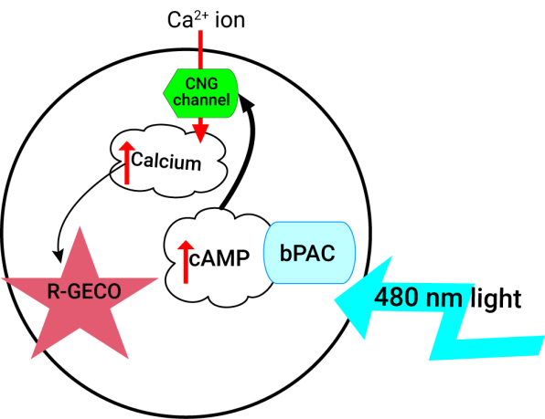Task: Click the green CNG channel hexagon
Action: (200, 93)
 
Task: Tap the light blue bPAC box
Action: (309, 253)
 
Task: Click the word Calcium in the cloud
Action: (166, 162)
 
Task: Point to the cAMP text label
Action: (219, 258)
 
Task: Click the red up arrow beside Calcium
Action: (127, 162)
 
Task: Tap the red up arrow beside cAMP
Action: (186, 261)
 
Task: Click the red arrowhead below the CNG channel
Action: (200, 133)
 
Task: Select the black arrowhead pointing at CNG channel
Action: (246, 102)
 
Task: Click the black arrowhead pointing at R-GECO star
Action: (59, 256)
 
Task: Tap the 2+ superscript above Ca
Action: (201, 16)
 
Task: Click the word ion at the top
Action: (230, 20)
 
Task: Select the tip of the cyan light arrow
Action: (335, 300)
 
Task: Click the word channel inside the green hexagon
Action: (201, 100)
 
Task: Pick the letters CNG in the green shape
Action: (201, 83)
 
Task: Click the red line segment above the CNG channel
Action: (200, 49)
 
